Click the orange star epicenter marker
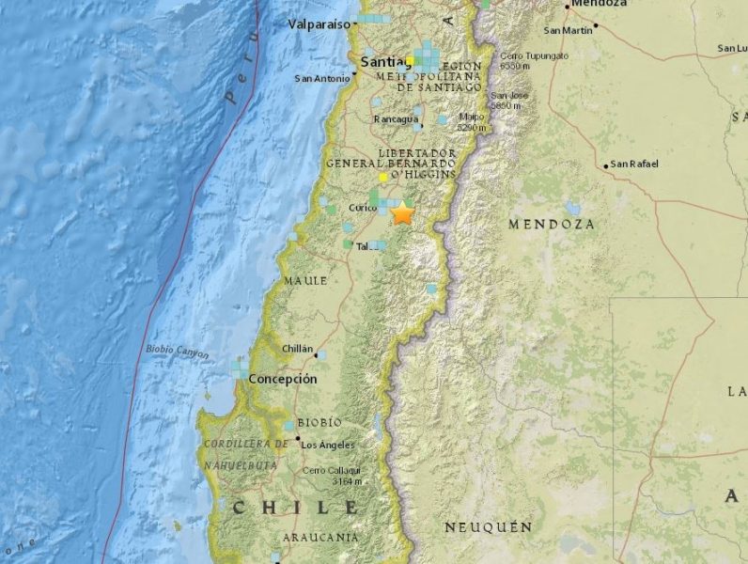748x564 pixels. (x=403, y=213)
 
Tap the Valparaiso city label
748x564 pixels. (x=319, y=23)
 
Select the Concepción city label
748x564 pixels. (x=283, y=379)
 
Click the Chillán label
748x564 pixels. (x=297, y=349)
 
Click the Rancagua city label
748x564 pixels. (x=396, y=119)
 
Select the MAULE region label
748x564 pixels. (x=305, y=280)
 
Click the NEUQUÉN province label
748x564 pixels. (x=488, y=527)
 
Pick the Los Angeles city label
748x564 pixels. (x=328, y=445)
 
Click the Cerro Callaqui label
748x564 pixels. (x=332, y=469)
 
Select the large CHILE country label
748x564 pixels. (x=296, y=508)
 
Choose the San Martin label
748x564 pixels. (x=569, y=31)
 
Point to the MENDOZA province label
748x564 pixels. (x=552, y=225)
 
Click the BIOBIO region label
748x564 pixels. (x=319, y=422)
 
